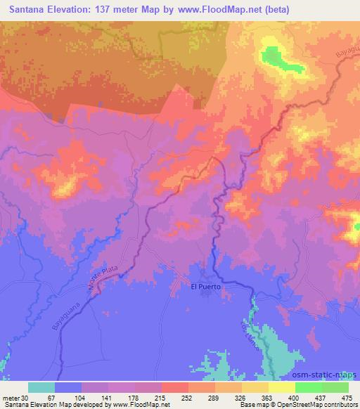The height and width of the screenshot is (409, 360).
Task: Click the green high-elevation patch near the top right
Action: click(x=278, y=58)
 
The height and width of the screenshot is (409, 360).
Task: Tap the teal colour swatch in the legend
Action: click(x=41, y=387)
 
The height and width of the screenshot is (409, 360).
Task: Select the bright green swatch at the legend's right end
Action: click(x=335, y=387)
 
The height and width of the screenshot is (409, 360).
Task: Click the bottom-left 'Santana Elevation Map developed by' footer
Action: click(x=53, y=405)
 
